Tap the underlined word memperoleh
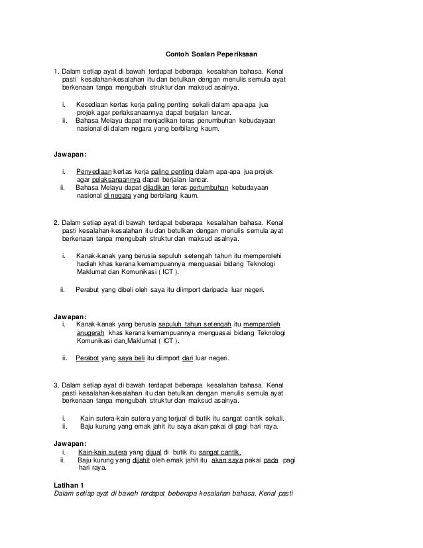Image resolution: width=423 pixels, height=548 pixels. pyautogui.click(x=269, y=324)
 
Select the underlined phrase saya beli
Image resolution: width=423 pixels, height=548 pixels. pyautogui.click(x=131, y=358)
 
